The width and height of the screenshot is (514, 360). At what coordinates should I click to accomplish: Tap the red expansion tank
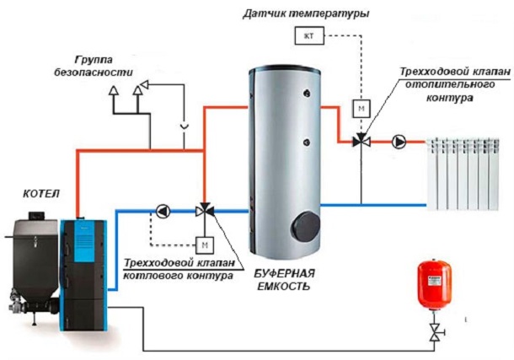point(435,287)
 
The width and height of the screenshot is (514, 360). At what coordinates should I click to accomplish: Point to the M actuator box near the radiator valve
point(359,108)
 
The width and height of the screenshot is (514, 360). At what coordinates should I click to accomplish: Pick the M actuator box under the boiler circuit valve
point(203,244)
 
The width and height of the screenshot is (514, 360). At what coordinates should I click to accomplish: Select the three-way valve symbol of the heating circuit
point(359,139)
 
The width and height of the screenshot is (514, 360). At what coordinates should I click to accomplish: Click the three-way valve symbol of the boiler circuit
point(203,210)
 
